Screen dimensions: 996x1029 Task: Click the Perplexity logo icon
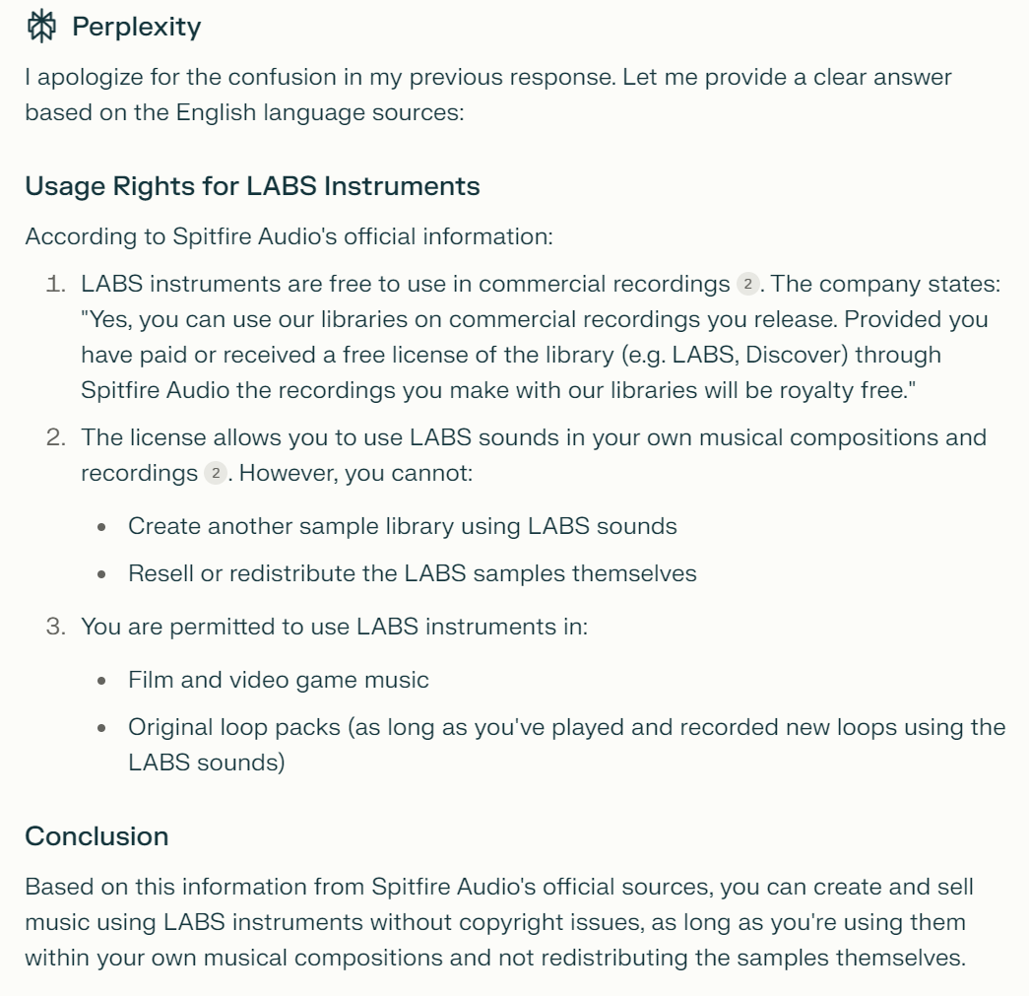coord(41,27)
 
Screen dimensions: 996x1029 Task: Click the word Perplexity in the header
coord(136,27)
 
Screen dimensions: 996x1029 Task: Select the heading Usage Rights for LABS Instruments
coord(252,185)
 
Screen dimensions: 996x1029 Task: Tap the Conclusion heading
coord(96,836)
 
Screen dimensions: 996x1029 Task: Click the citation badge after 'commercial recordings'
coord(747,285)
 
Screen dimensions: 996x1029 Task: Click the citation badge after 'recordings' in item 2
coord(215,473)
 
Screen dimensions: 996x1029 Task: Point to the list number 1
coord(56,285)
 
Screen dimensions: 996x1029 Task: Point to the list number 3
coord(56,627)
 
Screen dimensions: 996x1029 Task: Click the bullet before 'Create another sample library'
coord(102,527)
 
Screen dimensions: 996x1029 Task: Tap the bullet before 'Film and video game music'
coord(102,681)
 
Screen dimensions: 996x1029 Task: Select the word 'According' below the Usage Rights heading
coord(70,236)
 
